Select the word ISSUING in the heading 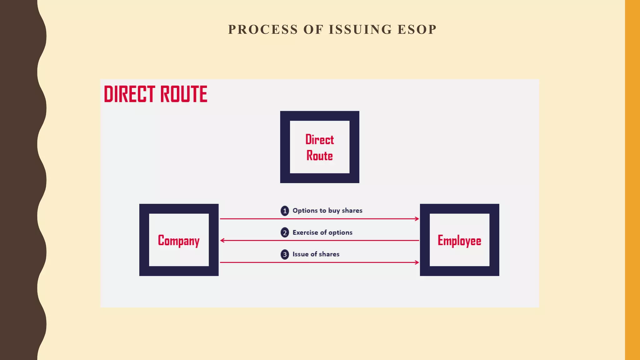[x=360, y=30]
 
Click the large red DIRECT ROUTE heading [x=156, y=94]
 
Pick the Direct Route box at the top [x=319, y=147]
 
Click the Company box [x=179, y=240]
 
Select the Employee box [x=459, y=240]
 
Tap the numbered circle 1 [x=285, y=211]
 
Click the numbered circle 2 [x=285, y=233]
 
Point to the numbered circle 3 [x=285, y=254]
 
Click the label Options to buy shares [x=327, y=211]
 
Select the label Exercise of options [x=322, y=232]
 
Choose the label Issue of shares [x=316, y=254]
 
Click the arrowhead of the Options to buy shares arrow [x=417, y=219]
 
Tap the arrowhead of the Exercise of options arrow [x=222, y=241]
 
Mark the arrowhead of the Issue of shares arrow [x=417, y=262]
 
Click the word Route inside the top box [x=319, y=156]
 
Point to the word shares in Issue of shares [x=329, y=254]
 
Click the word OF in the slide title [x=313, y=30]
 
